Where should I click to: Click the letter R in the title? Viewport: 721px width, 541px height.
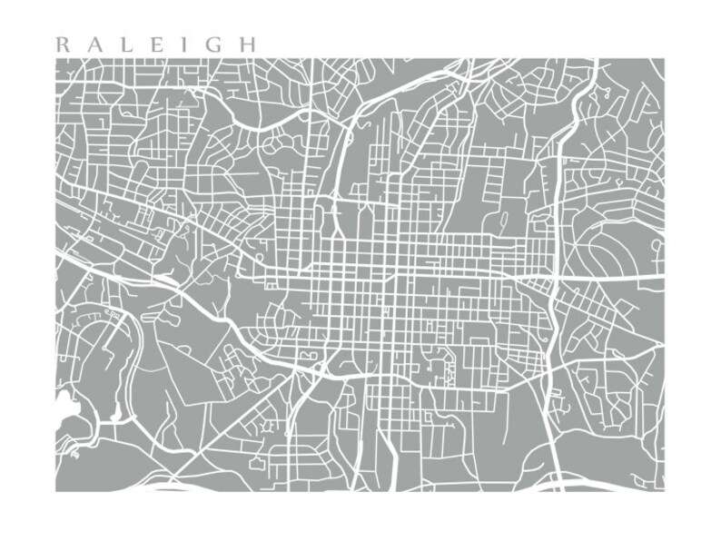pos(62,44)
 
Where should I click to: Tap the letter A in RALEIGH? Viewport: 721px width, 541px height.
pos(94,44)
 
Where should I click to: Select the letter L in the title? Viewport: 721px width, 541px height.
pos(126,44)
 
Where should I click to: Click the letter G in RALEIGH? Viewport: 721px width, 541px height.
pos(212,44)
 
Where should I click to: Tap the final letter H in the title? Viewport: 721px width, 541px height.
pos(247,44)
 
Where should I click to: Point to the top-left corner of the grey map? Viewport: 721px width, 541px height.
pos(56,59)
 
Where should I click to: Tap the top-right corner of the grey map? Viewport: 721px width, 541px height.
pos(664,59)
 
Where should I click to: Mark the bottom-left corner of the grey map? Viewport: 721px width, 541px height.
pos(56,491)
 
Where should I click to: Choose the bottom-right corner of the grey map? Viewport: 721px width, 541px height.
pos(664,491)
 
